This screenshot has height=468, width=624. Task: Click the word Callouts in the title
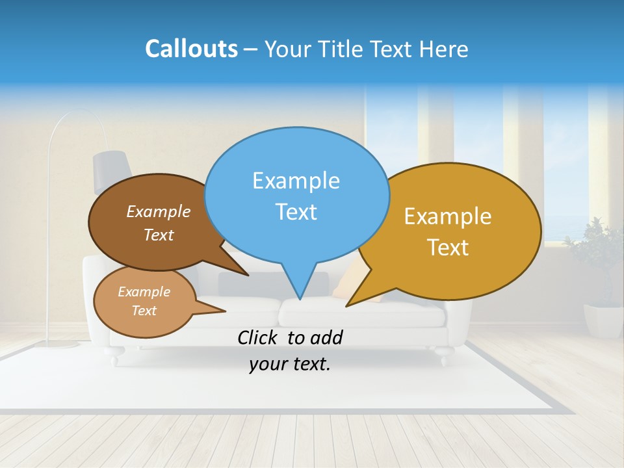[x=191, y=49]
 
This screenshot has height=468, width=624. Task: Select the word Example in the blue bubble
[x=296, y=181]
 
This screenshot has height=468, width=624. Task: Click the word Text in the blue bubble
[x=296, y=212]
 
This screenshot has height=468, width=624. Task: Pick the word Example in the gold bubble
[x=448, y=216]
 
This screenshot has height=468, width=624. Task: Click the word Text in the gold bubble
[x=448, y=248]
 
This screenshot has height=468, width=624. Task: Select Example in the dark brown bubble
[x=159, y=211]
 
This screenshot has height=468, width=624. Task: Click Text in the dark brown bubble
[x=159, y=235]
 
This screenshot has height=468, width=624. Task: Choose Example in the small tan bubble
[x=144, y=292]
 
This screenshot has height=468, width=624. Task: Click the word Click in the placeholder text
[x=260, y=337]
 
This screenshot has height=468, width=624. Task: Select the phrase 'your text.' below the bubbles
[x=290, y=365]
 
